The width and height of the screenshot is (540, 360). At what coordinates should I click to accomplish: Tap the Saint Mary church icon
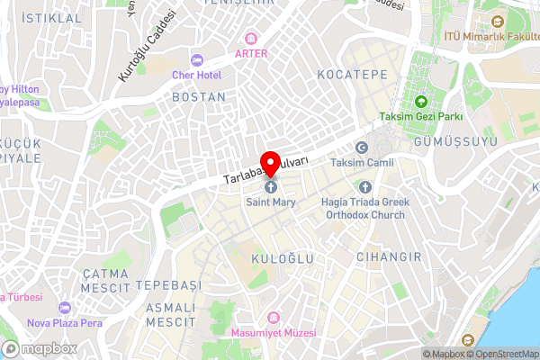pos(270,187)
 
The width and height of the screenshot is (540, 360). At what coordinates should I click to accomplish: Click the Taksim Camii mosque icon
pos(363,148)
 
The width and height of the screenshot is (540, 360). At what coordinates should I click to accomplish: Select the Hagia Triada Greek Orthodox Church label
pos(364,209)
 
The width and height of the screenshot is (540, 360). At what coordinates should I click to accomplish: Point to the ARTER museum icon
pos(251,39)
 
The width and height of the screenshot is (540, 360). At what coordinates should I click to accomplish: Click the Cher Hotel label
pos(197,75)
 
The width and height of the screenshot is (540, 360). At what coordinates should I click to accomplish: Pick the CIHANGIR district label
pos(390,257)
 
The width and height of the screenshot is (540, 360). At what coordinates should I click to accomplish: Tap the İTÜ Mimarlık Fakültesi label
pos(491,36)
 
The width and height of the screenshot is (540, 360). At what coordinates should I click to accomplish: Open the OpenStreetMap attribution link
pos(501,354)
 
